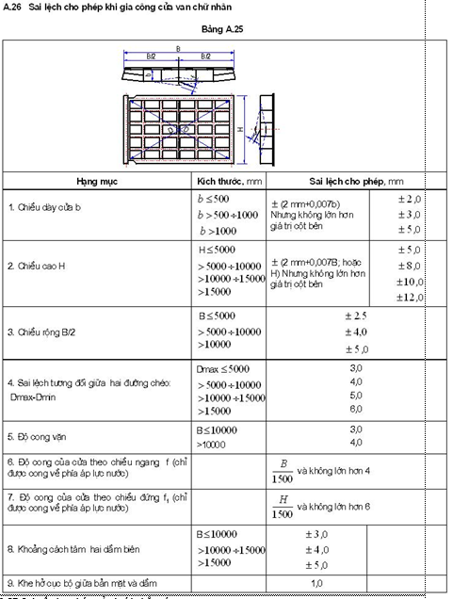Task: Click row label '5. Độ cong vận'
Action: (x=35, y=436)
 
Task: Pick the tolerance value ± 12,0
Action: (x=409, y=297)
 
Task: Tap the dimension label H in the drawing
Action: (x=242, y=128)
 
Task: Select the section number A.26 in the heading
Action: (x=12, y=7)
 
